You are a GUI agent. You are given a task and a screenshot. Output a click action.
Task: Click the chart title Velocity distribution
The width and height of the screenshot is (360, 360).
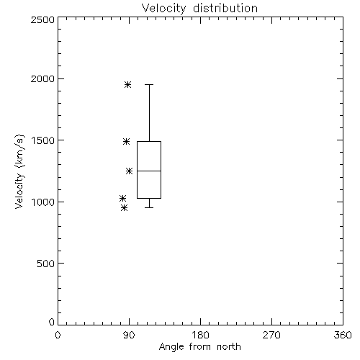pos(199,9)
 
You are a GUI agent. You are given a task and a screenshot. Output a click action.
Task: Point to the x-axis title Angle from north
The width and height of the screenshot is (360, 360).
pos(199,347)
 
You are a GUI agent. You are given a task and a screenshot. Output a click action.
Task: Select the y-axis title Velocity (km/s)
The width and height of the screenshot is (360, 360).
pos(19,171)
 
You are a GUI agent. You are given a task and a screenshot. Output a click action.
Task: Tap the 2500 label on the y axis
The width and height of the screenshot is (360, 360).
pos(42,19)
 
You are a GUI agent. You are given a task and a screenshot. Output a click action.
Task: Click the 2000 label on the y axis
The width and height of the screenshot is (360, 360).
pos(42,78)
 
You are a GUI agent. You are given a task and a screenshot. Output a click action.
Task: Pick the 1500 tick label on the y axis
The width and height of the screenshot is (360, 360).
pos(43,140)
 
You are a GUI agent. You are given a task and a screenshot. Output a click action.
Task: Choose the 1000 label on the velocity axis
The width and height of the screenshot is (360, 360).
pos(43,202)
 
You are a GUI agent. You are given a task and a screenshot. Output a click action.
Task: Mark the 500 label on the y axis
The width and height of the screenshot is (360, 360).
pos(46,264)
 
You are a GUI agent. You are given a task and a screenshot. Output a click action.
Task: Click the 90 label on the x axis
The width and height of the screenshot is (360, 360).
pos(129,335)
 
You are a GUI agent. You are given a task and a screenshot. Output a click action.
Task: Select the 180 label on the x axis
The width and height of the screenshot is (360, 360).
pos(200,335)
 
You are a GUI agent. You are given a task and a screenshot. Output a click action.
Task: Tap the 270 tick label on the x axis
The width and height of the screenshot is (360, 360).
pos(271,335)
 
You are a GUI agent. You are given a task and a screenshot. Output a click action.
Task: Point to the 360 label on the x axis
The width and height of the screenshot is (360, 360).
pos(343,335)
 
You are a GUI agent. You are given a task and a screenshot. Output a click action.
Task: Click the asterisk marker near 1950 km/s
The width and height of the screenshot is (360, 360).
pos(127,84)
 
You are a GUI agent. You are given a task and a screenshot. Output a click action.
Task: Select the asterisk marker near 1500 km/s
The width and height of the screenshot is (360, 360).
pos(127,142)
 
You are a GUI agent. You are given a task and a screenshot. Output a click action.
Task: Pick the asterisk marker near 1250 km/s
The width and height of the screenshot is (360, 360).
pos(130,171)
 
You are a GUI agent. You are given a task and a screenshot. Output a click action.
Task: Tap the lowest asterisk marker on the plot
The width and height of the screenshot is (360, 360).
pos(124,208)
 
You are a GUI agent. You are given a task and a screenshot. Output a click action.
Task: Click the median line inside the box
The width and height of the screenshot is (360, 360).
pos(149,171)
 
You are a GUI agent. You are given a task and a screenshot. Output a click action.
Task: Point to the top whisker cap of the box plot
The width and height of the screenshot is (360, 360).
pos(149,84)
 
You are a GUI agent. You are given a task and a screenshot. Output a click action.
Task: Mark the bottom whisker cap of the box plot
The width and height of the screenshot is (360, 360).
pos(149,207)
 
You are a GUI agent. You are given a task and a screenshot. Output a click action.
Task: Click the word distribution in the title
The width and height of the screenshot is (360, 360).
pos(225,9)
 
